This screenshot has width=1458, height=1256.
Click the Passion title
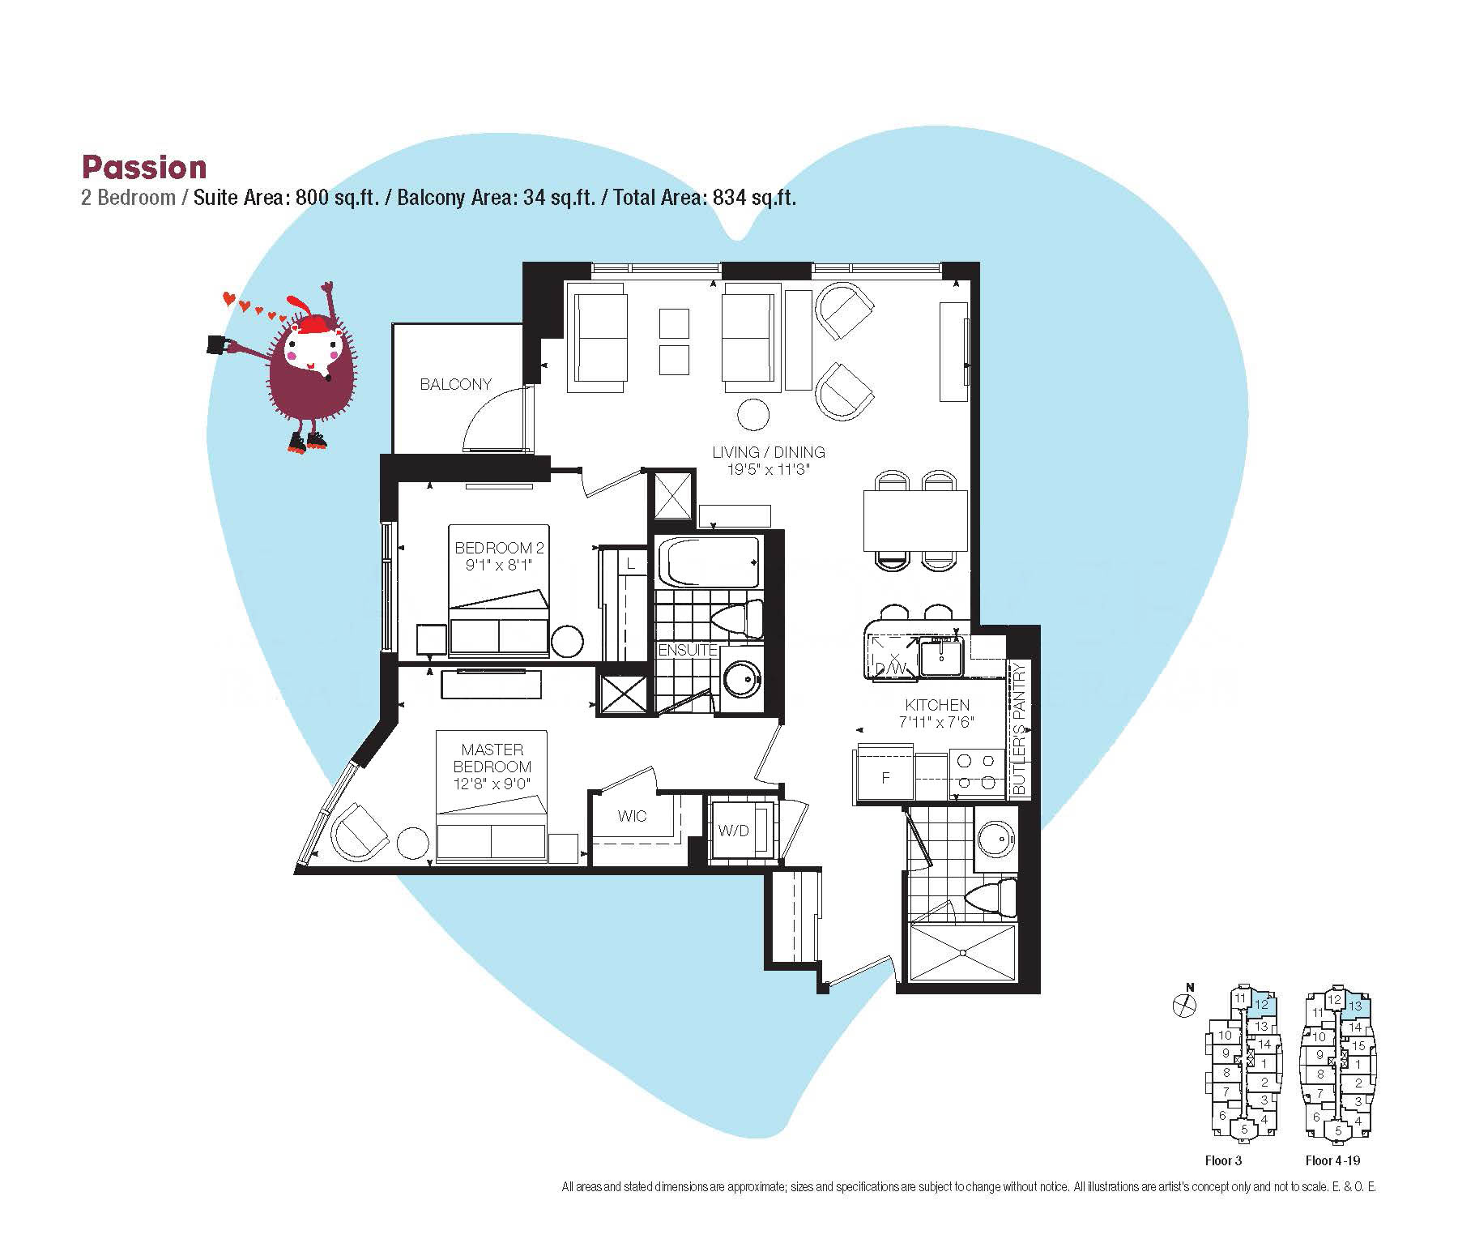coord(144,167)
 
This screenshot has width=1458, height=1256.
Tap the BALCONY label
coord(455,384)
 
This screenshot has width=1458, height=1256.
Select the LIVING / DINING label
coord(769,452)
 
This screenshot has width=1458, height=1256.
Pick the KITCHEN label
coord(937,705)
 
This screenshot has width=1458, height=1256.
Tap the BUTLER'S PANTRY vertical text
coord(1019,728)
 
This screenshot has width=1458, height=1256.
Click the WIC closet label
coord(632,816)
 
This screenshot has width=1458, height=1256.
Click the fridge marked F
coord(885,776)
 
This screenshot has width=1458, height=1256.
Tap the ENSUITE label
coord(688,650)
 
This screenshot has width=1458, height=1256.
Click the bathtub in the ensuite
coord(710,562)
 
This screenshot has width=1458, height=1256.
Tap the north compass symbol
coord(1185,1005)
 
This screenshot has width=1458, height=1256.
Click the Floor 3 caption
coord(1223,1160)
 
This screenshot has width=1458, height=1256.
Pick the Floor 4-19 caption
coord(1332,1160)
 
